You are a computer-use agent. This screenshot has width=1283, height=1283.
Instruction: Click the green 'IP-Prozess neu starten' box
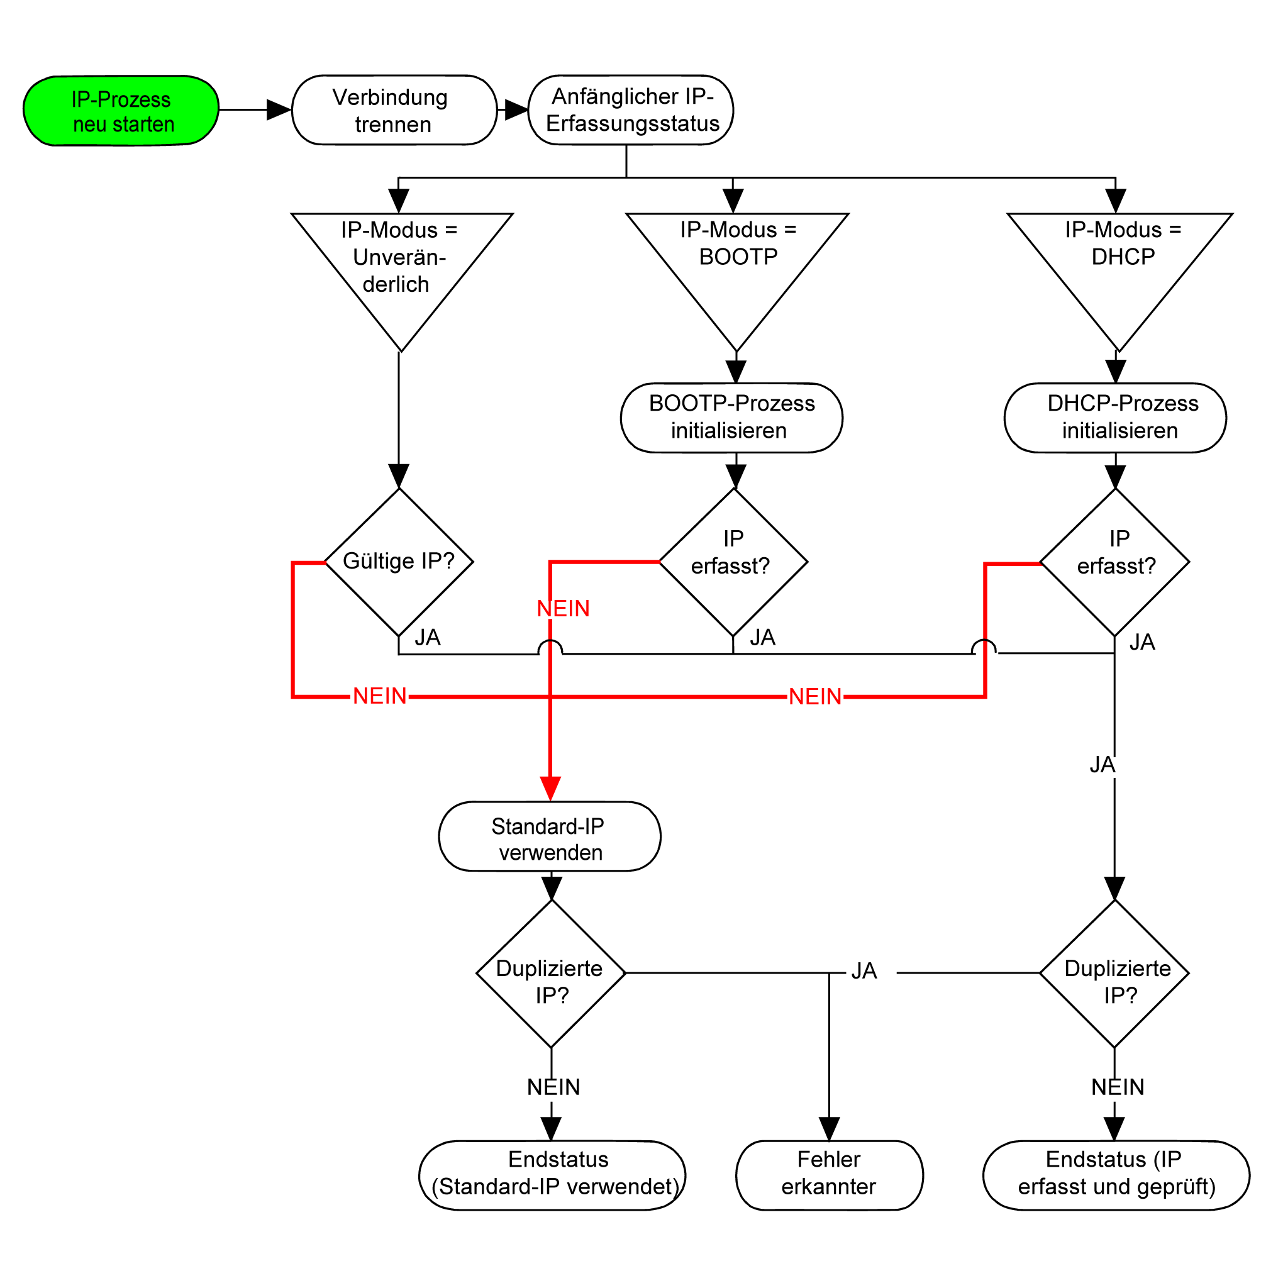pyautogui.click(x=121, y=111)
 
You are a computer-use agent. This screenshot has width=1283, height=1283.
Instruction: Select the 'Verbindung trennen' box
pyautogui.click(x=394, y=110)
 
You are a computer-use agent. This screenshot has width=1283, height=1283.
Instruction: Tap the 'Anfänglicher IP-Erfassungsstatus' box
pyautogui.click(x=631, y=110)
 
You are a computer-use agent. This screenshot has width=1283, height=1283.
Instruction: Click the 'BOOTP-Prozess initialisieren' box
pyautogui.click(x=731, y=418)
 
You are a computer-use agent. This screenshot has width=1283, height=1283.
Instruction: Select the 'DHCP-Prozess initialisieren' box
pyautogui.click(x=1115, y=418)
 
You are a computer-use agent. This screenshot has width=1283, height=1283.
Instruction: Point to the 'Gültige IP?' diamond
pyautogui.click(x=399, y=562)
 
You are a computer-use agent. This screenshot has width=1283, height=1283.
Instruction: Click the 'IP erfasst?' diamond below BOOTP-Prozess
pyautogui.click(x=733, y=562)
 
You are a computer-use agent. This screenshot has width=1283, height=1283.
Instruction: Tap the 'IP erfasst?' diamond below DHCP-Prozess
pyautogui.click(x=1114, y=562)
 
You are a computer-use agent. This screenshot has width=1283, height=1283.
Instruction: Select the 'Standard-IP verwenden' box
pyautogui.click(x=549, y=836)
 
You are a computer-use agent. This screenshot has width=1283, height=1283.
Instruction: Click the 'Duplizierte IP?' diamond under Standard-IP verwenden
pyautogui.click(x=550, y=974)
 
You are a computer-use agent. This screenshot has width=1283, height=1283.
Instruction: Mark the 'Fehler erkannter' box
pyautogui.click(x=829, y=1175)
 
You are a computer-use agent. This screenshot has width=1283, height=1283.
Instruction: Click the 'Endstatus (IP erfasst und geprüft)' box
pyautogui.click(x=1116, y=1175)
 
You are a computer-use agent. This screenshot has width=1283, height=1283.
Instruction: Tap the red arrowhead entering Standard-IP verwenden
pyautogui.click(x=550, y=789)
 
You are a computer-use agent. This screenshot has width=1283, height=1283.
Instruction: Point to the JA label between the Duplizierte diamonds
pyautogui.click(x=864, y=972)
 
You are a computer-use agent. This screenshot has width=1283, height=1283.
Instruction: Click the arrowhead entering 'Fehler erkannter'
pyautogui.click(x=829, y=1128)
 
